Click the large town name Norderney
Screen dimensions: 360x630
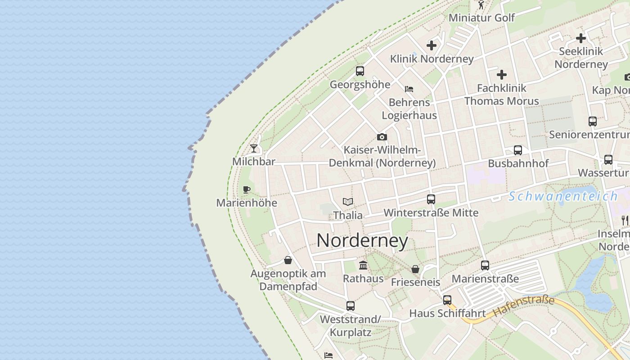click(362, 241)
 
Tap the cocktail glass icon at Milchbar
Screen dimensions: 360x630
click(254, 148)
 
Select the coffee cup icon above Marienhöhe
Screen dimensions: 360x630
click(246, 189)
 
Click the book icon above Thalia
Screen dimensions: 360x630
click(348, 202)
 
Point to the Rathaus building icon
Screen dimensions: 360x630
click(363, 265)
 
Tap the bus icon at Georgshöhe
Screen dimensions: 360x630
click(360, 71)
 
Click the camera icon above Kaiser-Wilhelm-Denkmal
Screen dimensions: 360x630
click(382, 137)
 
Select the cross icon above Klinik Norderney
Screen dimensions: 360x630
click(432, 45)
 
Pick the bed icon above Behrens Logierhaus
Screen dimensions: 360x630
click(409, 89)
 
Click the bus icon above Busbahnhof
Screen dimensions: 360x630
click(518, 150)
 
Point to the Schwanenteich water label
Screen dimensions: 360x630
click(563, 196)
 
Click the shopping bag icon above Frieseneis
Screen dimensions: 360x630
click(415, 269)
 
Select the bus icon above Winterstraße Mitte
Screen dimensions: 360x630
click(431, 199)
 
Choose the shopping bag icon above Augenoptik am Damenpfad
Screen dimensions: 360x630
click(288, 260)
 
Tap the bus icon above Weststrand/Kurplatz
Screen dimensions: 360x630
click(351, 306)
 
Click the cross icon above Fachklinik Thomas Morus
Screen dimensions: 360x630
click(502, 75)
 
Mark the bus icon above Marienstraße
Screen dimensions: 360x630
click(485, 265)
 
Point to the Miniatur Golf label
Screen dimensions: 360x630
click(482, 18)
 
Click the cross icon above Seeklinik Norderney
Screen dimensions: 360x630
click(581, 38)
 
